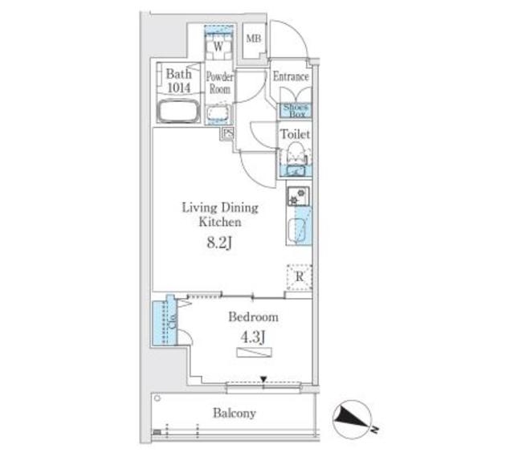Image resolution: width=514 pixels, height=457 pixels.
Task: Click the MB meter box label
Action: [254, 39]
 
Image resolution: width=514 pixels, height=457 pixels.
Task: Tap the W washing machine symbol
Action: [218, 47]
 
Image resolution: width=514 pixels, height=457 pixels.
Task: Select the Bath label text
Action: [178, 74]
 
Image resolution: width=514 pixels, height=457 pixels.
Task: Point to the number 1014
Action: [178, 88]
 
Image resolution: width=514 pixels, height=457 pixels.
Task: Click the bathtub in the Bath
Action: [178, 112]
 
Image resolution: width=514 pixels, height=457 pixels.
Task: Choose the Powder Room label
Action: [220, 82]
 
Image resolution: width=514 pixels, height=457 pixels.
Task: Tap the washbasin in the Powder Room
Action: [218, 114]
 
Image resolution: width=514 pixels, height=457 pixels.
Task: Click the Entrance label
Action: [291, 76]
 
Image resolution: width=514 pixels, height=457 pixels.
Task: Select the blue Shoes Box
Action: [295, 111]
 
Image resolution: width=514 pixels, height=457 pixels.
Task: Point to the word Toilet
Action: [295, 134]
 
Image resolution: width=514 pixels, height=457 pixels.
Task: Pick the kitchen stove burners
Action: [298, 196]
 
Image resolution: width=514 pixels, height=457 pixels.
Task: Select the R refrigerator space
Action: [300, 277]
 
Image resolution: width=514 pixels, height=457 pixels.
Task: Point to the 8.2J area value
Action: [219, 243]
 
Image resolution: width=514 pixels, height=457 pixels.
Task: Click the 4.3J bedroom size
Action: [253, 337]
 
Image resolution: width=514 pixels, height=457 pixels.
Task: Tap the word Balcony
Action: [235, 413]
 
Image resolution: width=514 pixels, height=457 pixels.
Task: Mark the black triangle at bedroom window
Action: [263, 379]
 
